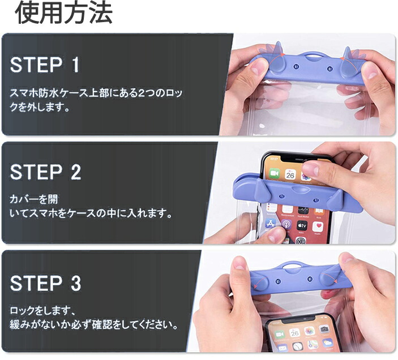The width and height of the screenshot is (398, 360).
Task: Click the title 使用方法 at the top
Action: tap(64, 12)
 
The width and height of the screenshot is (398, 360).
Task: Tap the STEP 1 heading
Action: tap(45, 65)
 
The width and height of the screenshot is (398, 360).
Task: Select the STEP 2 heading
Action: tap(45, 172)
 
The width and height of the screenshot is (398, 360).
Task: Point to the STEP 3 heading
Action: tap(45, 283)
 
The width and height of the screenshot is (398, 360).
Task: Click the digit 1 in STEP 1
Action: tap(75, 65)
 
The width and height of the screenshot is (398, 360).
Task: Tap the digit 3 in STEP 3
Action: tap(76, 283)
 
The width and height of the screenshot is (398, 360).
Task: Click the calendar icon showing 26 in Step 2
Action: tap(290, 175)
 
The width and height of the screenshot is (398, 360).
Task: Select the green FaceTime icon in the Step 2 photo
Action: tap(274, 173)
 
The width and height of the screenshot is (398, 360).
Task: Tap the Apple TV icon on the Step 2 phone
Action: tap(302, 225)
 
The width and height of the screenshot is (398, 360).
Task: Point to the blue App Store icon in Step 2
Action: tap(271, 223)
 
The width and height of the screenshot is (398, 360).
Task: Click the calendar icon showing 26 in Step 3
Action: tap(295, 332)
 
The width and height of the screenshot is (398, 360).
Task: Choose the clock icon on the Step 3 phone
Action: tap(297, 346)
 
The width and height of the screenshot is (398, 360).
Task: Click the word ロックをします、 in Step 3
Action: tap(42, 310)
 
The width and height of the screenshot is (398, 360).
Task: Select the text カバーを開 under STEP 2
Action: tap(34, 199)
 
